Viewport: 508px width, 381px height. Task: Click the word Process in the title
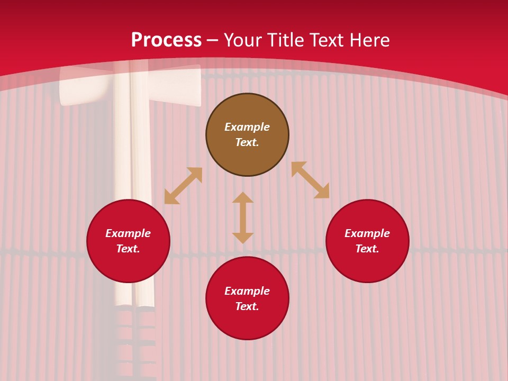pyautogui.click(x=166, y=41)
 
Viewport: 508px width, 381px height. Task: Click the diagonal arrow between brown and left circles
pyautogui.click(x=183, y=186)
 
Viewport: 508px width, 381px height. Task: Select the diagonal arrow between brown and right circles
pyautogui.click(x=310, y=180)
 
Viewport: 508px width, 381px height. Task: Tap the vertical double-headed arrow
pyautogui.click(x=243, y=217)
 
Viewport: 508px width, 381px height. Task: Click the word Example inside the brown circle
pyautogui.click(x=247, y=127)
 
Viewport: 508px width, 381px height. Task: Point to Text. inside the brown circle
pyautogui.click(x=247, y=142)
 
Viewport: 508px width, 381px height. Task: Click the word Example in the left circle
pyautogui.click(x=128, y=233)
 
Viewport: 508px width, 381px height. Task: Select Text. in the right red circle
pyautogui.click(x=367, y=249)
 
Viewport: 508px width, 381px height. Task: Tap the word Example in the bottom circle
pyautogui.click(x=247, y=291)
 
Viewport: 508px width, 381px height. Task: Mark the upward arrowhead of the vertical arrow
pyautogui.click(x=243, y=197)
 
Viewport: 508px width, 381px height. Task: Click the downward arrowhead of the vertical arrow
pyautogui.click(x=243, y=238)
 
